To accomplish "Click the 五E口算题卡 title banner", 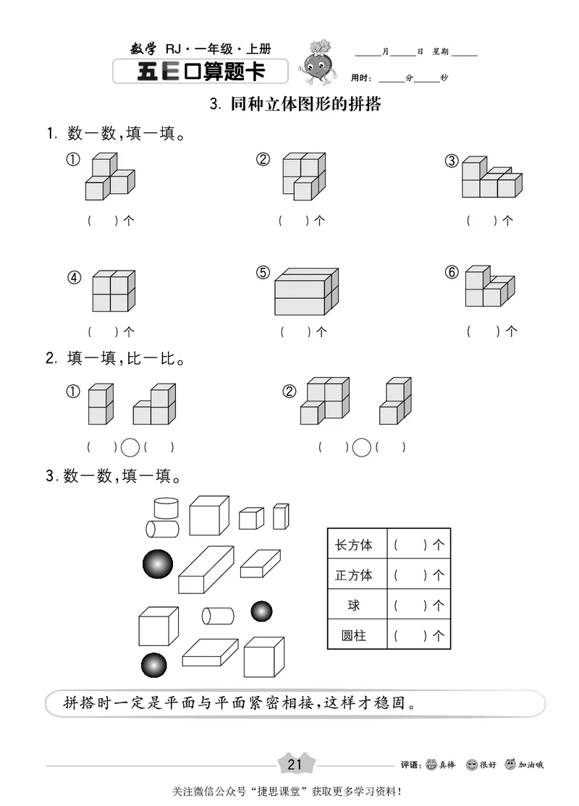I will pos(200,72).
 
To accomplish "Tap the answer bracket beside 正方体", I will pos(410,575).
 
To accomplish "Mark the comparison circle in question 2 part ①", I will pos(130,448).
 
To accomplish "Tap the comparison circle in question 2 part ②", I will pos(361,448).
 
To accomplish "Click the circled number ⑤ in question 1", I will pos(263,273).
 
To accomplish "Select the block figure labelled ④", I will pos(114,291).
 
